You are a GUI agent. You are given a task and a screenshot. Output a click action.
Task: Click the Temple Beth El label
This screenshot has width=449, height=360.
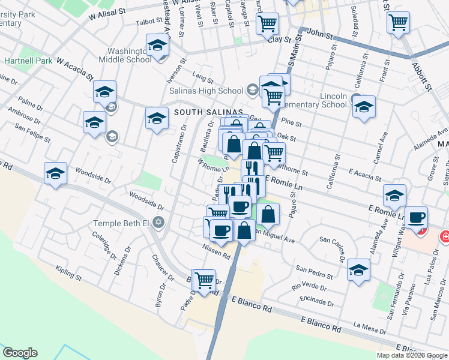coord(120,223)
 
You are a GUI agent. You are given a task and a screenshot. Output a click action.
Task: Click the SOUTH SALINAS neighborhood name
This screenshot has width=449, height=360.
coord(208,112)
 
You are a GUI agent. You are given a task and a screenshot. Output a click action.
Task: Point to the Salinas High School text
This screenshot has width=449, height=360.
coord(214,91)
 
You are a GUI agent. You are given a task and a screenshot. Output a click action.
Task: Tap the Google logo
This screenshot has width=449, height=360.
coord(20,353)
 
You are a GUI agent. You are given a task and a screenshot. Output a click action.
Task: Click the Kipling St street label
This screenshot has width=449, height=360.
coord(68,274)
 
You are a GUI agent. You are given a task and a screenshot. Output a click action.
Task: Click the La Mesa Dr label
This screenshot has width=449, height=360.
coord(370,327)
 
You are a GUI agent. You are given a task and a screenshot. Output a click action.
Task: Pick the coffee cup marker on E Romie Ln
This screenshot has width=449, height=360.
coord(415,217)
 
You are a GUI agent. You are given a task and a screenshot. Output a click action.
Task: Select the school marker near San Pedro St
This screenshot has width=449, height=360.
coord(359,269)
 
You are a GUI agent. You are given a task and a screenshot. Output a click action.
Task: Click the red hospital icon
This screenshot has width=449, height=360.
coord(445,236)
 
